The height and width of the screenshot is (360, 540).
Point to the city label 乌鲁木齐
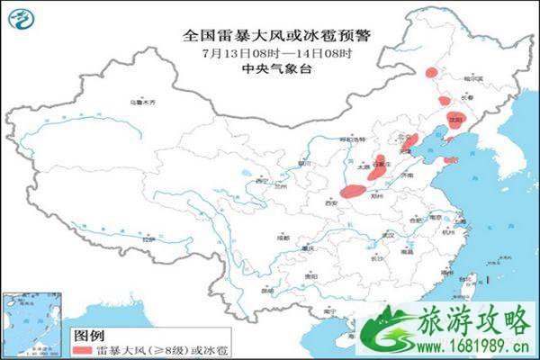tap(139, 103)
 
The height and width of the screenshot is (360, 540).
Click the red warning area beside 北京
tap(410, 142)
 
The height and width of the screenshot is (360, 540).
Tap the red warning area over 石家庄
tap(381, 165)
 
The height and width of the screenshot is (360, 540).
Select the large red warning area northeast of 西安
tap(355, 190)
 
